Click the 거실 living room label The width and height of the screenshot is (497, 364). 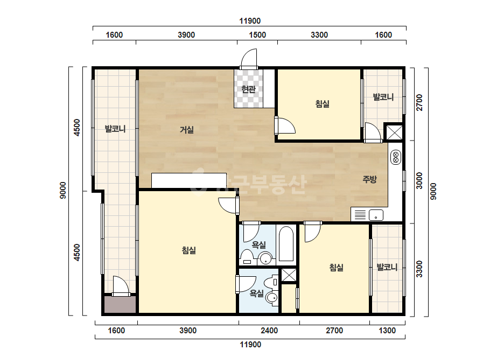click(x=187, y=130)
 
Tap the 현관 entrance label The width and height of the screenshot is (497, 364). click(x=248, y=89)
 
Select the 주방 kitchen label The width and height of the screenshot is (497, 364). click(x=369, y=179)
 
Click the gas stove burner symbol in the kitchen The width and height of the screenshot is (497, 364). click(x=396, y=158)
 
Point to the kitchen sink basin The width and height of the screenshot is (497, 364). click(x=376, y=215)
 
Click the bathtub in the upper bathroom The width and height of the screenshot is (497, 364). click(x=286, y=244)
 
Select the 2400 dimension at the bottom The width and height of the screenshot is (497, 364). click(x=269, y=331)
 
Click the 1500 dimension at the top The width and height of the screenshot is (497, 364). click(x=257, y=35)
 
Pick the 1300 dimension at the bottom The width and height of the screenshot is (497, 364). click(x=387, y=331)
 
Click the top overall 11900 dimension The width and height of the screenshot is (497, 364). click(x=250, y=21)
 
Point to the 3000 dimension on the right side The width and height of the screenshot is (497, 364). click(x=419, y=181)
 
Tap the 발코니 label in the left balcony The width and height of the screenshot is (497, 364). click(x=115, y=129)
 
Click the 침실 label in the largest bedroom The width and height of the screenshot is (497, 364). click(x=189, y=250)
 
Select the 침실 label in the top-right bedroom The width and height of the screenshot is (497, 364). click(x=323, y=104)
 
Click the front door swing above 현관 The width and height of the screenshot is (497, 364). click(x=249, y=58)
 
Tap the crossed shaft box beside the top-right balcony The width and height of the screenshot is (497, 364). click(x=394, y=132)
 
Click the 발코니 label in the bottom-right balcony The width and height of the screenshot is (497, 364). click(x=387, y=267)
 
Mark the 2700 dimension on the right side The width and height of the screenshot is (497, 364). click(x=419, y=102)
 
